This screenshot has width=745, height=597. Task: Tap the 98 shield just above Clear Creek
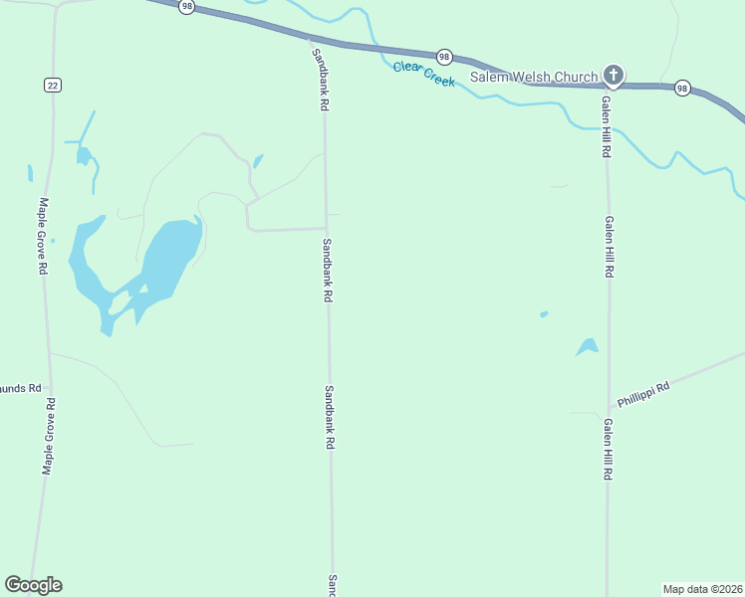pyautogui.click(x=444, y=57)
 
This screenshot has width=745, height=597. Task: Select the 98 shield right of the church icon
pyautogui.click(x=681, y=88)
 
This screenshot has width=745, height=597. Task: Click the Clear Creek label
pyautogui.click(x=423, y=74)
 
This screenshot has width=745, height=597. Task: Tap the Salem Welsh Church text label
pyautogui.click(x=534, y=77)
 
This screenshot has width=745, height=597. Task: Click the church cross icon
pyautogui.click(x=614, y=75)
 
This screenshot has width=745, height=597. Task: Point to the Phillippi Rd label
pyautogui.click(x=642, y=394)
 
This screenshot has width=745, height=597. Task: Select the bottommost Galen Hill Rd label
pyautogui.click(x=607, y=449)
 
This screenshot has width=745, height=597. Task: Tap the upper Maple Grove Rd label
pyautogui.click(x=43, y=236)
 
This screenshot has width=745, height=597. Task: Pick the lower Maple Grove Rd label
pyautogui.click(x=48, y=436)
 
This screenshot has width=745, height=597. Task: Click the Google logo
pyautogui.click(x=33, y=585)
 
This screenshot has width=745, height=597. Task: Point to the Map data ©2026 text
pyautogui.click(x=702, y=588)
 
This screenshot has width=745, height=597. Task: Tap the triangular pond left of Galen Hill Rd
pyautogui.click(x=588, y=347)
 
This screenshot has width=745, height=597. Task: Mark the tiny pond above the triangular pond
pyautogui.click(x=544, y=314)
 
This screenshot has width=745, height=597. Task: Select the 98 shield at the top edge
pyautogui.click(x=187, y=6)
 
